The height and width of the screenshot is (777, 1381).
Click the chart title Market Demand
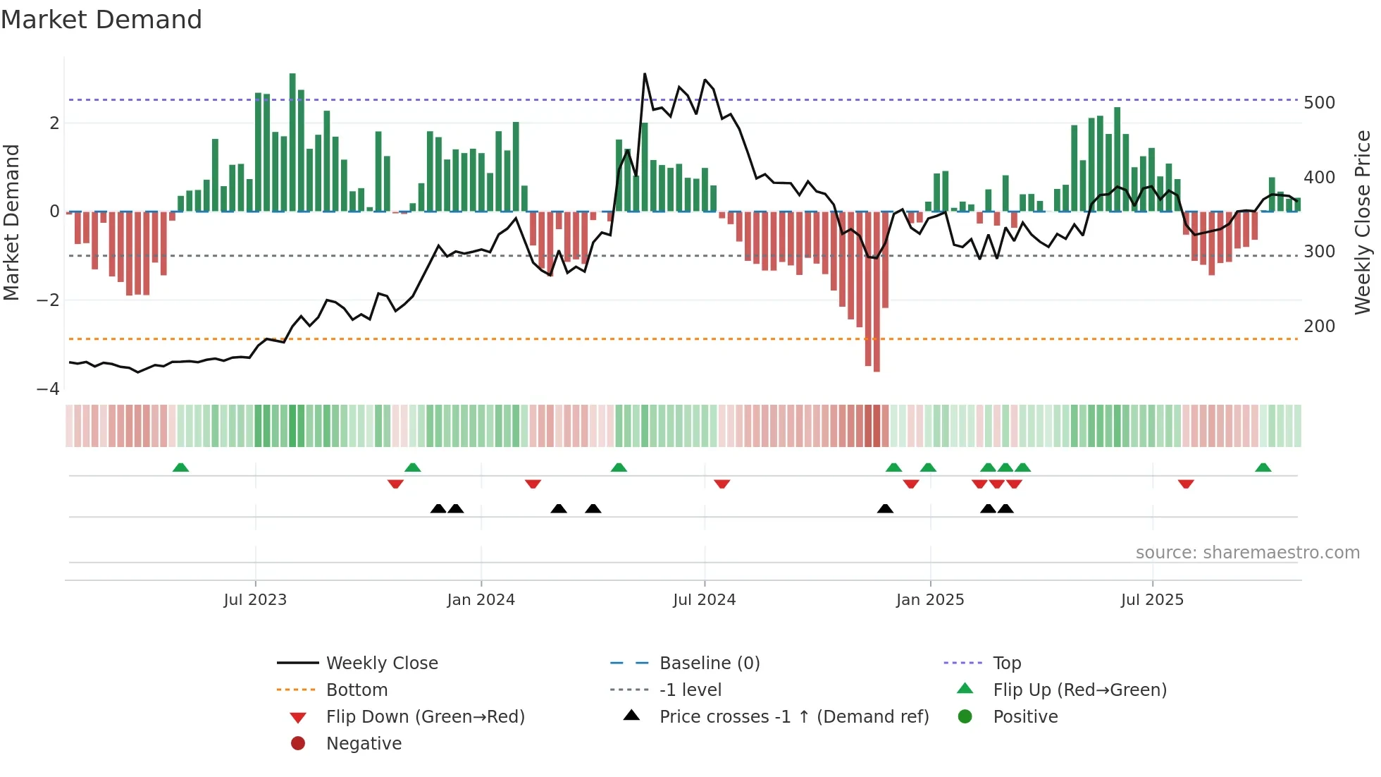101,20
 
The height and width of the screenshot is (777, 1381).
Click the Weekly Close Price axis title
1363,222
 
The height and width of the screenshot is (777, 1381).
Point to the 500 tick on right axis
1319,103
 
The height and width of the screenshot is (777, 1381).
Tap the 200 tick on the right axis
1319,326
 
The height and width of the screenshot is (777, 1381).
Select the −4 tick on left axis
48,389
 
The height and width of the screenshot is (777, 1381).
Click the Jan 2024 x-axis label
481,600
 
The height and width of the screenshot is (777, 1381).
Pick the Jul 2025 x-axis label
1152,600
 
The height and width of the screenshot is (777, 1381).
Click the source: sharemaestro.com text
1247,553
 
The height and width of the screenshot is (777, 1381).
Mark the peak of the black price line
645,74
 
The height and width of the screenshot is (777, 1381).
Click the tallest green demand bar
292,141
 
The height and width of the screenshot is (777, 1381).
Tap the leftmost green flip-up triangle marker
181,467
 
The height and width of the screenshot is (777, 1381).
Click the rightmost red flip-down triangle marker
1186,484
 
